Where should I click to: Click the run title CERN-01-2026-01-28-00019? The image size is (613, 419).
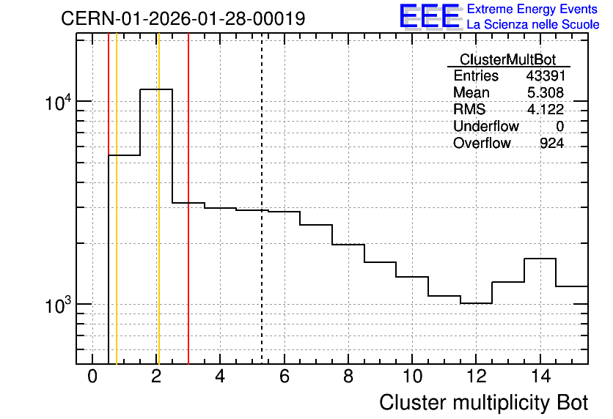(x=183, y=18)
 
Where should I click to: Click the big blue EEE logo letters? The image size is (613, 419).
(x=429, y=16)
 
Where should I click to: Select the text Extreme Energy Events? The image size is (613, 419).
(x=532, y=9)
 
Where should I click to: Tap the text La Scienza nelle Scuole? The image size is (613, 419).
(x=533, y=25)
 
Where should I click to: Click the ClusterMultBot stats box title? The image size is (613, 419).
(x=508, y=59)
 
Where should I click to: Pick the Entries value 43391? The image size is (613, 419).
(x=546, y=75)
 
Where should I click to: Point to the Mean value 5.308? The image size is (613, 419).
(x=546, y=92)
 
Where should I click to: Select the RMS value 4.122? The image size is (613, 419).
(x=546, y=109)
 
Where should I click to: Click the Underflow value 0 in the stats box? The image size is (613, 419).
(x=559, y=126)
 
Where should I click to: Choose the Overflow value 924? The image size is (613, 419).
(x=551, y=143)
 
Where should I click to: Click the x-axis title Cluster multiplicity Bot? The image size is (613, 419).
(x=484, y=403)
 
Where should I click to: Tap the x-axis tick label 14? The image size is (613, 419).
(x=540, y=377)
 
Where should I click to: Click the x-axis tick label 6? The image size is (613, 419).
(x=285, y=377)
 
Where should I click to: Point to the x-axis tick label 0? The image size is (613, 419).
(x=92, y=377)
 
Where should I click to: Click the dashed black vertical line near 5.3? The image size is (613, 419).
(x=262, y=199)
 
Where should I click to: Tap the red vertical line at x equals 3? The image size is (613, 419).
(x=188, y=199)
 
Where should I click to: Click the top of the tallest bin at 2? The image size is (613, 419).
(x=156, y=89)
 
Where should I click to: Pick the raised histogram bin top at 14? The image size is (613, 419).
(x=540, y=259)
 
